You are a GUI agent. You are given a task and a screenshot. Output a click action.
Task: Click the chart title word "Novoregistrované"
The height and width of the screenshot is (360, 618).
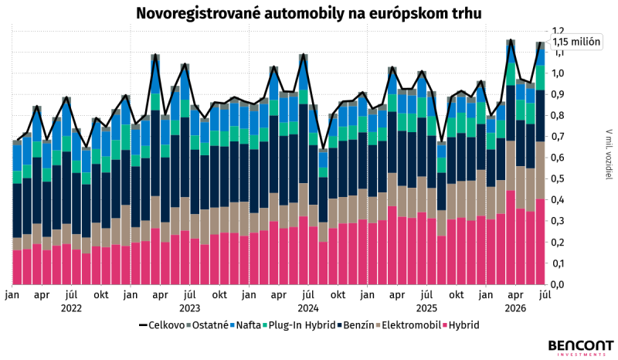point(199,13)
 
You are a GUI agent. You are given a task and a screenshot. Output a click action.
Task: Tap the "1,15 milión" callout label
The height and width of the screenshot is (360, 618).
point(576,42)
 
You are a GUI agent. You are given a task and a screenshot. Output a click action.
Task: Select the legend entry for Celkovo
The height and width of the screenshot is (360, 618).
point(161,325)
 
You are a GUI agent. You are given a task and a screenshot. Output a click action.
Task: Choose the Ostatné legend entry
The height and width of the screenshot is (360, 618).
point(207,325)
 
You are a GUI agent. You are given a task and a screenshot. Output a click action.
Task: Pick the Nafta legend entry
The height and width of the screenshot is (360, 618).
point(246,325)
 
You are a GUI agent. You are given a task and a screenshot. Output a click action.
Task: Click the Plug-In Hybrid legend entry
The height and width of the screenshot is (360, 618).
point(299,325)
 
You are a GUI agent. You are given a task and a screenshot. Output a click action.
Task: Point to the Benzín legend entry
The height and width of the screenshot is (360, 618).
point(355,325)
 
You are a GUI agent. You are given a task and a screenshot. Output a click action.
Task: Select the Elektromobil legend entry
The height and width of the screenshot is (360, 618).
point(409,325)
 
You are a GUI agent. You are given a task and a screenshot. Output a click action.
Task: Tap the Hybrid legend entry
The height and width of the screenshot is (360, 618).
point(461,325)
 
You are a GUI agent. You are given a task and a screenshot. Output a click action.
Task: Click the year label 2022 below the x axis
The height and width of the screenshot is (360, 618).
point(71,308)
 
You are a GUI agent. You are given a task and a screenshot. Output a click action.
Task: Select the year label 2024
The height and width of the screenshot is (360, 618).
point(308,308)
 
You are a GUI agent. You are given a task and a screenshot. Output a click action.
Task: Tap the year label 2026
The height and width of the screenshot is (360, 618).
point(515,308)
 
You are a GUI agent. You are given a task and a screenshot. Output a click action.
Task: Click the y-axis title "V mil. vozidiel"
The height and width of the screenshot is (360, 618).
point(610,155)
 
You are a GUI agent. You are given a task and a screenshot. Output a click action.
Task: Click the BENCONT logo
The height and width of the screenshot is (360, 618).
point(581,348)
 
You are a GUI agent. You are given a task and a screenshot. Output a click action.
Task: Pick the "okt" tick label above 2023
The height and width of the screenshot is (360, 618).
point(219,295)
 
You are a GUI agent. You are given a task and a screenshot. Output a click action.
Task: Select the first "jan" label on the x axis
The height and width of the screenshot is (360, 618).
point(12,295)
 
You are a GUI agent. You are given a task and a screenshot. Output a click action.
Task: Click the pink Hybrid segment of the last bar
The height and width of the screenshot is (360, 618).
point(540,241)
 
